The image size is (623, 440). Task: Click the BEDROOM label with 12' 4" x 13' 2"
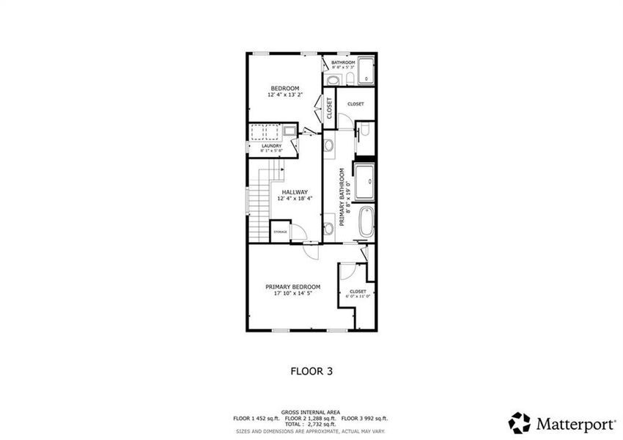tap(283, 92)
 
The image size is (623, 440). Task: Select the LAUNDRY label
tap(272, 146)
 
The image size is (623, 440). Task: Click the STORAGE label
tap(280, 232)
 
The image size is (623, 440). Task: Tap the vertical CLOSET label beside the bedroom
tap(330, 108)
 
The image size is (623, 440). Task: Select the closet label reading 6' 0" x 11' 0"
tap(358, 294)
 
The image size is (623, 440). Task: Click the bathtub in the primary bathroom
tap(366, 221)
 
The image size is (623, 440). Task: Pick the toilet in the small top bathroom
tap(350, 78)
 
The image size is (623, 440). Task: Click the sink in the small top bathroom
tap(333, 80)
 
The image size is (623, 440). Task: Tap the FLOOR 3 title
tap(311, 371)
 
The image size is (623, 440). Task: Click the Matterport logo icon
tap(520, 422)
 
